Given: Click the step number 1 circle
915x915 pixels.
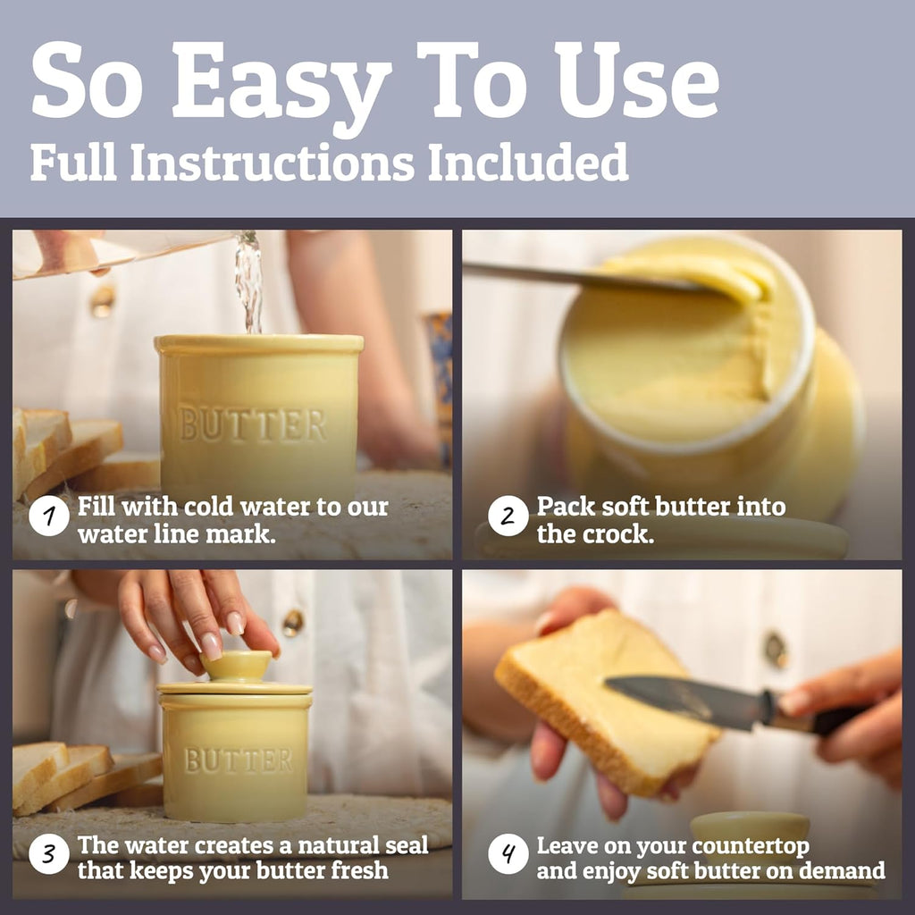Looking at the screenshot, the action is coord(48,516).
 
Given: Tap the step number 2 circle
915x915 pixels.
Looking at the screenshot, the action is coord(508,516).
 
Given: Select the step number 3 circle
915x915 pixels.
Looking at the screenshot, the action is coord(48,854).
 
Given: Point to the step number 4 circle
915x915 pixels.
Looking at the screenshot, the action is coord(508,854).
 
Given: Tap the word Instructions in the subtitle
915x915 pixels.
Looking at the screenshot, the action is coord(272,162).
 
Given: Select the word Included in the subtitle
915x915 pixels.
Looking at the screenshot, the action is coord(527,162).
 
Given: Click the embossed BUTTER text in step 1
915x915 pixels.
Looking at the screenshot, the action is coord(252,424).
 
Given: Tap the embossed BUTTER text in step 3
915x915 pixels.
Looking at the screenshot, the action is coord(238,760).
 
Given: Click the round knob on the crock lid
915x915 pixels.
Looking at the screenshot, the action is coord(236,665).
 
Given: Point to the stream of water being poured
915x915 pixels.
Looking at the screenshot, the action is coord(250,282).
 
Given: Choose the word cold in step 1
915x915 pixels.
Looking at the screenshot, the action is coord(208,508).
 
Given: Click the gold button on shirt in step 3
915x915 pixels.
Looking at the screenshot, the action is coord(292,623).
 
